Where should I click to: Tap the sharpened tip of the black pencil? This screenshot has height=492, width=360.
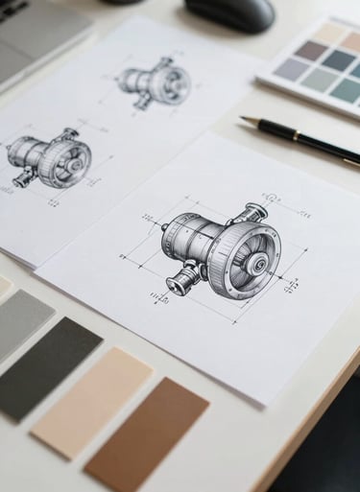point(244,120)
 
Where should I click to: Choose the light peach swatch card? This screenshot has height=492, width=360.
point(92,401)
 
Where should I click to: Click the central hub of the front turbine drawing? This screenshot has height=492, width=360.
point(258,263)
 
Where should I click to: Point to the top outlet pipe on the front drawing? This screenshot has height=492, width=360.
point(256,213)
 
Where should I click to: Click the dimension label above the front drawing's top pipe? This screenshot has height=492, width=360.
point(272,199)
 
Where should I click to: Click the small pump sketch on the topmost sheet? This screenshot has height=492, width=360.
point(155,82)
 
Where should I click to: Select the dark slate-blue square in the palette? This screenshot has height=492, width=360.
point(337,59)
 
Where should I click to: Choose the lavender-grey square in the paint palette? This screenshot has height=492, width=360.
point(290,68)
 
